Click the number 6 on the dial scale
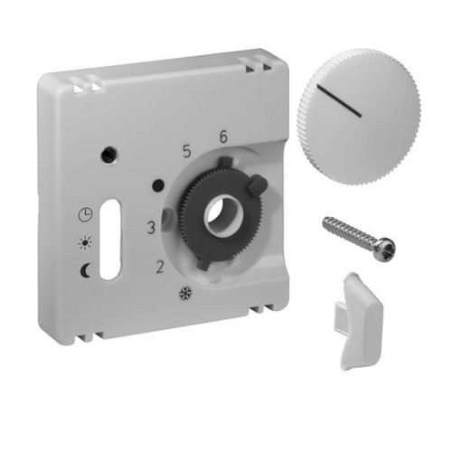click(223, 137)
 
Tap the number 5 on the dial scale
click(187, 151)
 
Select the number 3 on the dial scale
click(151, 228)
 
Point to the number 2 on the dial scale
click(160, 267)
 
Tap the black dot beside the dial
click(158, 185)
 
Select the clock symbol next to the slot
click(85, 215)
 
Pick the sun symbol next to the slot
click(85, 242)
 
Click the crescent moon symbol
click(85, 270)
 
